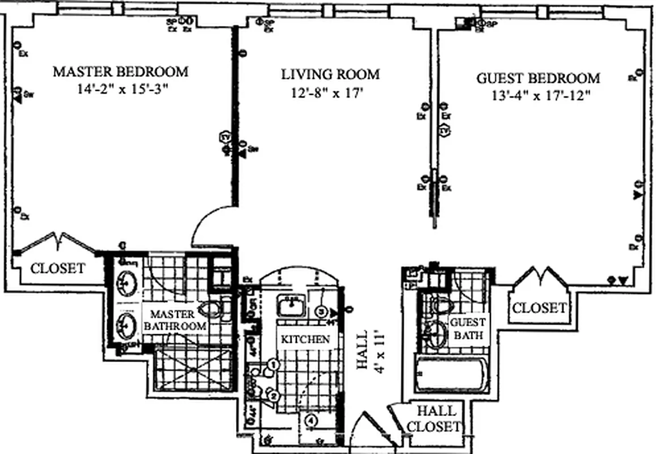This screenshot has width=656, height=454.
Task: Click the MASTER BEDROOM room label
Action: pos(120,72)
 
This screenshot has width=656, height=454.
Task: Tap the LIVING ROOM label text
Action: pos(330,74)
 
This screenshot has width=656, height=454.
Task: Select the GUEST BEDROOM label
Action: pos(537,78)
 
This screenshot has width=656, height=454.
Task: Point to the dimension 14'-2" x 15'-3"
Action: pos(120,89)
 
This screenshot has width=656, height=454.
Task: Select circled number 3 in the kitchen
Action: pos(322,311)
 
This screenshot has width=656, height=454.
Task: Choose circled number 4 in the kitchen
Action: pos(310,421)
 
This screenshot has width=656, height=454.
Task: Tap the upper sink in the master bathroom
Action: pos(125,282)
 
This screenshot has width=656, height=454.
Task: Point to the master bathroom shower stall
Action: pos(194,368)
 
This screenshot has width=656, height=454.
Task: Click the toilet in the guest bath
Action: pos(440,305)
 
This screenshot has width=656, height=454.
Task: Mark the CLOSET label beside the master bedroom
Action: pos(58,268)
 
